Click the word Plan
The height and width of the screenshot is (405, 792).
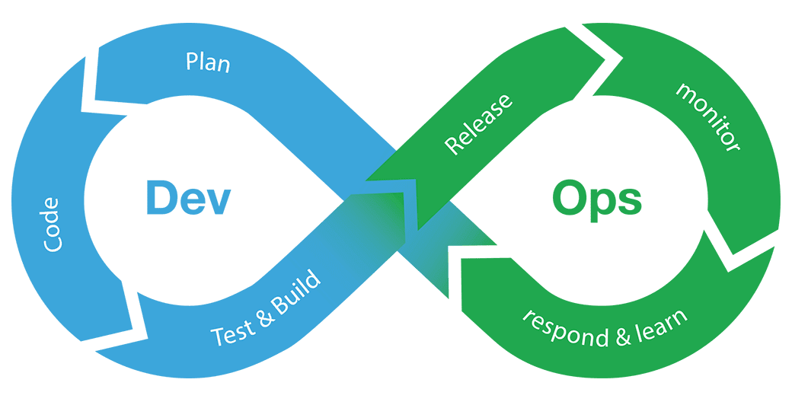[208, 62]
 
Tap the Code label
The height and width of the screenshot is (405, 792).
[52, 225]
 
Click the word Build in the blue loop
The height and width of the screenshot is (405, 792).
[296, 295]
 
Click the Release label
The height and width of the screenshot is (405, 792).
[478, 124]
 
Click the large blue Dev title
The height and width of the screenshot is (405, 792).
[188, 198]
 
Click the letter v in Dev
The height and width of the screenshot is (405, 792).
[219, 202]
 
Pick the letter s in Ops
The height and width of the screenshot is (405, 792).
[631, 202]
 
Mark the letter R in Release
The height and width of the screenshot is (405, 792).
[452, 145]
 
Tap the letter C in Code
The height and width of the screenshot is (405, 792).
[52, 244]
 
